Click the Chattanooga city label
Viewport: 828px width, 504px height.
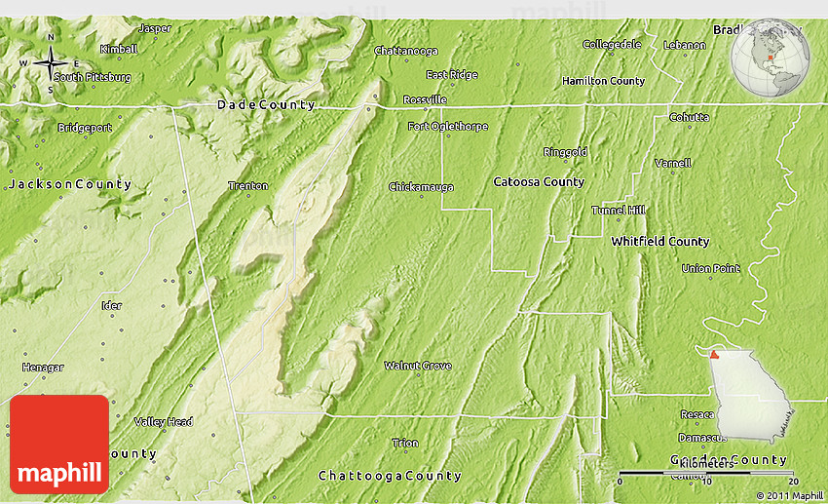pos(406,50)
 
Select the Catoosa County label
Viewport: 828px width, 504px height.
pos(539,182)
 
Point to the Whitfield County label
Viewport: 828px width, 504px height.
pos(659,241)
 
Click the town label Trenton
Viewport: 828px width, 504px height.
pos(247,185)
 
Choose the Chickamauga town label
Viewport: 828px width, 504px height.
pos(420,186)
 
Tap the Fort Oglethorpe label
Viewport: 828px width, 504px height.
pos(447,127)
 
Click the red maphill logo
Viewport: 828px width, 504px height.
pos(59,444)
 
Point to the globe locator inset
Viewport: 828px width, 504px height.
pos(771,58)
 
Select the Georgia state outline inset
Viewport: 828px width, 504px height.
pos(750,396)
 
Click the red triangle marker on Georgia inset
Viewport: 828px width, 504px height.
pos(715,355)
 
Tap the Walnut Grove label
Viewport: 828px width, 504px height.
pos(417,366)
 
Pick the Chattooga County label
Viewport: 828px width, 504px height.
pos(390,476)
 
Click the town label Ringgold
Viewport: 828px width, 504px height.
pos(565,152)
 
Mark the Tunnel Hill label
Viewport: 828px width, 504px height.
pos(618,211)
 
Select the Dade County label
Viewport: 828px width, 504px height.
pos(266,104)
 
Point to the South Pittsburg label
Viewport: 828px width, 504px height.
pos(92,76)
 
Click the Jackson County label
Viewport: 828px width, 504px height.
pos(68,183)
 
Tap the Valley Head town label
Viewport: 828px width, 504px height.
pos(163,421)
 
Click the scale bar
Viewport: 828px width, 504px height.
pos(708,473)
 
